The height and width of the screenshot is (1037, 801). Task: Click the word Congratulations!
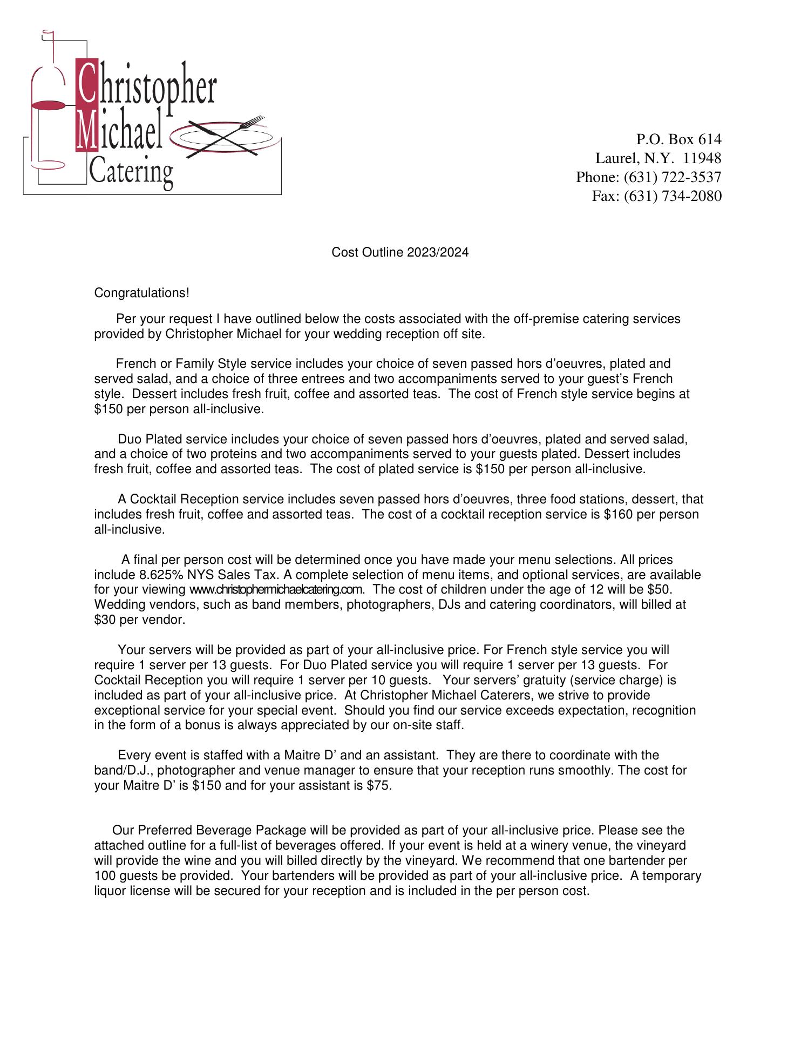click(141, 293)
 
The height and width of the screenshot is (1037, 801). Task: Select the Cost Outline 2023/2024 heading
click(399, 252)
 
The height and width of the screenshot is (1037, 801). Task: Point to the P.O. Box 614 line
click(678, 139)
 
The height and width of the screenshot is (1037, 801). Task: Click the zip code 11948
click(702, 158)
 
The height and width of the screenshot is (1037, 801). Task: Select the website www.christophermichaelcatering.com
click(276, 589)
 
